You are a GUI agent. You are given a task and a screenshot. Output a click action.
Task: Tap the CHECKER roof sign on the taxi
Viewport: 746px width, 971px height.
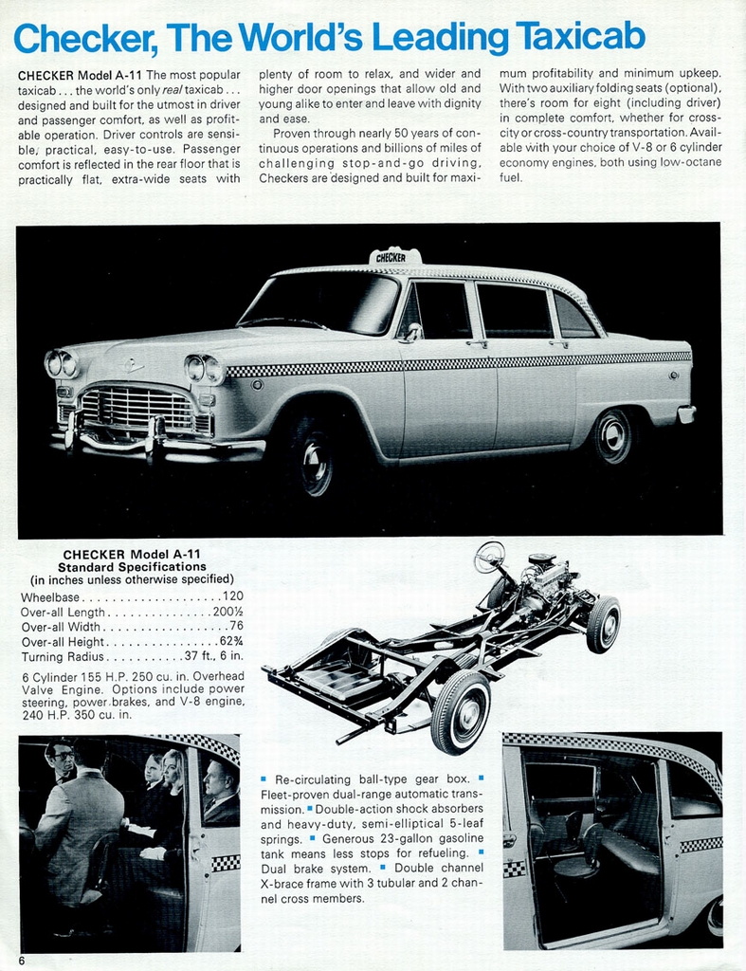tap(394, 256)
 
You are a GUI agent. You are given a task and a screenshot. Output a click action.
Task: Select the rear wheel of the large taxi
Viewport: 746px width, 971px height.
tap(612, 436)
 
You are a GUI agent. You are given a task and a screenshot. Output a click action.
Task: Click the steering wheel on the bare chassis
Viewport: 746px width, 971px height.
tap(490, 557)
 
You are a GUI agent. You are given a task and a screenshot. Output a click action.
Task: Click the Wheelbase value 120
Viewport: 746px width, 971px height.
tap(233, 597)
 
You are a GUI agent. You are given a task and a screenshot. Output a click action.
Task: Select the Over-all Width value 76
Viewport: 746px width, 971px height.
tap(236, 627)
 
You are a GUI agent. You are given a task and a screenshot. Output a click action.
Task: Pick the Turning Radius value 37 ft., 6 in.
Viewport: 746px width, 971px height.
tap(214, 656)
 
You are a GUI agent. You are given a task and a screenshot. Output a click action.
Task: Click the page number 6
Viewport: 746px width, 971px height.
tap(21, 960)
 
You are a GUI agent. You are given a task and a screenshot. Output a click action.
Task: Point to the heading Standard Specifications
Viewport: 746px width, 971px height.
tap(132, 567)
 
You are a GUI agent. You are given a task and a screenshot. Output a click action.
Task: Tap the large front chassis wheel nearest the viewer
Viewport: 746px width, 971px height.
tap(461, 711)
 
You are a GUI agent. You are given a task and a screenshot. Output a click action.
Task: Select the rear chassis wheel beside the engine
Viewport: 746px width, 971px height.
tap(603, 624)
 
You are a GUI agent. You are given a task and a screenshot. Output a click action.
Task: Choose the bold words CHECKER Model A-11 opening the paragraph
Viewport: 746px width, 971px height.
tap(80, 74)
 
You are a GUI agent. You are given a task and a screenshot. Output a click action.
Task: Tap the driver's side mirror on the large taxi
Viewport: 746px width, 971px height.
tap(413, 332)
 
